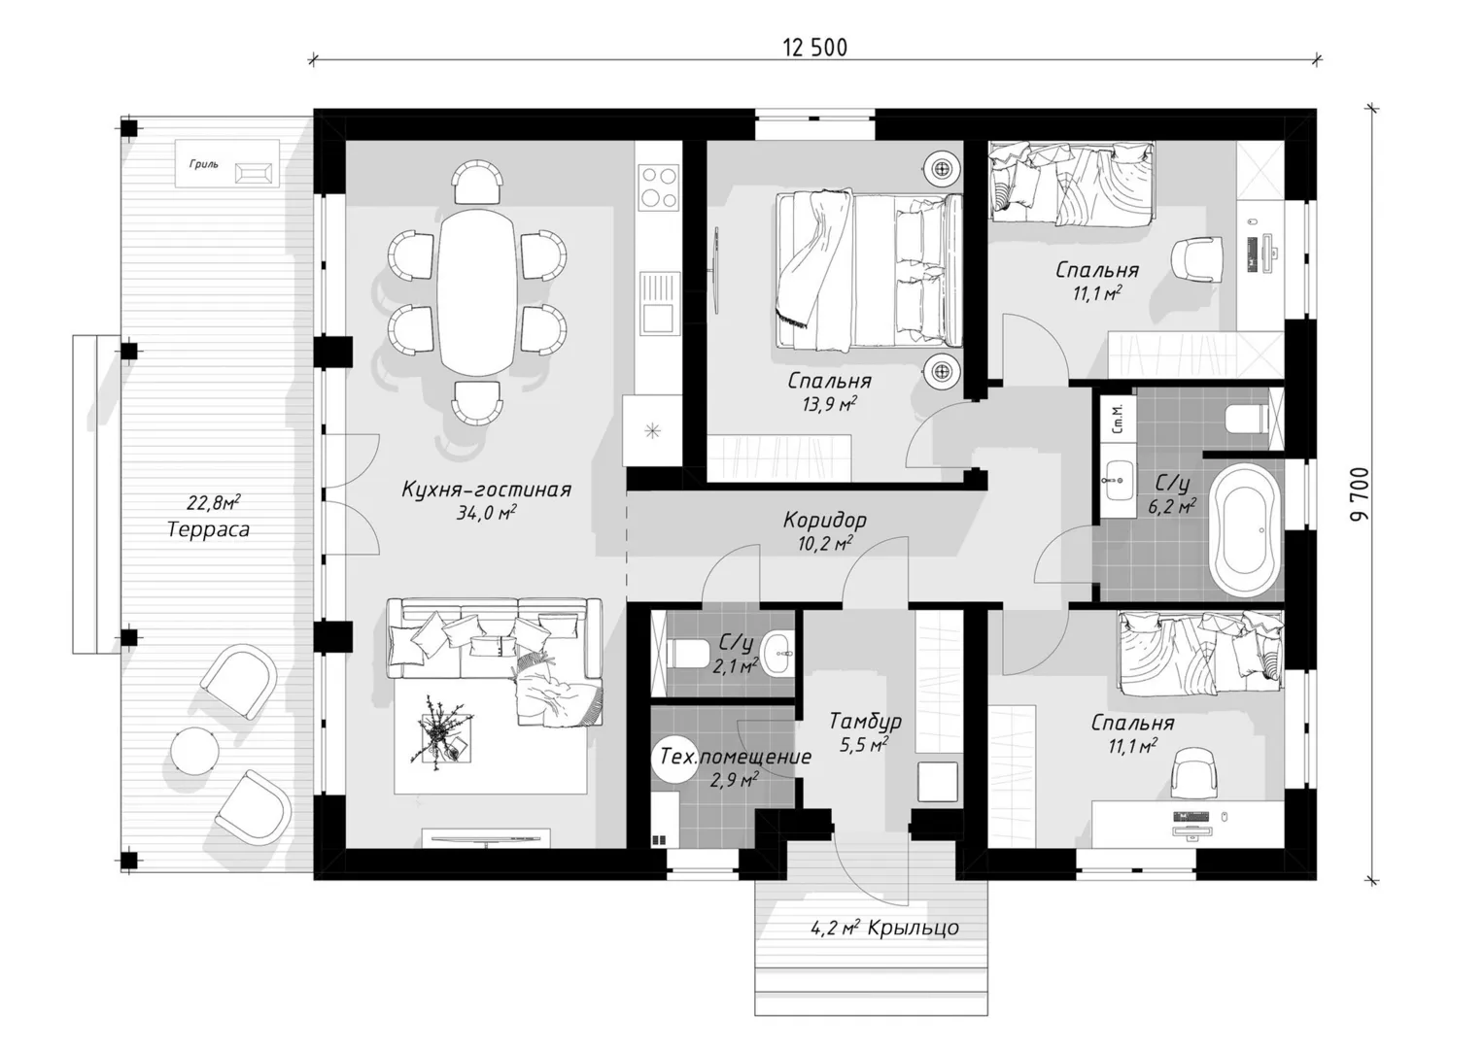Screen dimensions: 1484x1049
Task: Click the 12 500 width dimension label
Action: (814, 48)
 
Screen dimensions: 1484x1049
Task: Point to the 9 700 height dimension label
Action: (1358, 493)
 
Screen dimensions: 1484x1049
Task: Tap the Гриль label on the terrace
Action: (203, 164)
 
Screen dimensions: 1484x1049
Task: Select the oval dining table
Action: (477, 292)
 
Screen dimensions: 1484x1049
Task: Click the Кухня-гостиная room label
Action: (486, 490)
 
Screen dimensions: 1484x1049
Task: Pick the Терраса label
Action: (208, 529)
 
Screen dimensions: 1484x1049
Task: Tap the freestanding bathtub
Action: (1246, 529)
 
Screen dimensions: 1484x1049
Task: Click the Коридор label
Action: (825, 520)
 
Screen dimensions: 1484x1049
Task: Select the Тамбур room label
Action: (865, 721)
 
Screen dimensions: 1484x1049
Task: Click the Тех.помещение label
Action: (736, 757)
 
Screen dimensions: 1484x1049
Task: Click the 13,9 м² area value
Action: (830, 403)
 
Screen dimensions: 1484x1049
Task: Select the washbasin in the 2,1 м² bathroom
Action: (777, 654)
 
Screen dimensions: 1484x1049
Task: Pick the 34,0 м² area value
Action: (486, 513)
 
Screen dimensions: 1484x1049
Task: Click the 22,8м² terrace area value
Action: (214, 503)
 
